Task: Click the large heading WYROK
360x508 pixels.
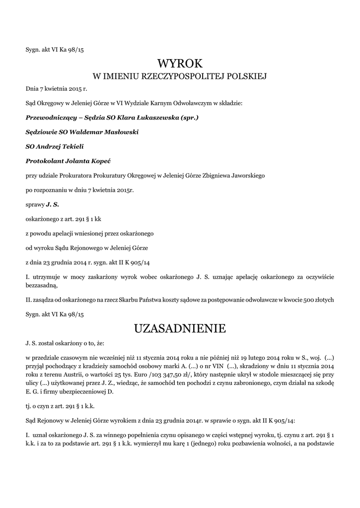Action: (180, 63)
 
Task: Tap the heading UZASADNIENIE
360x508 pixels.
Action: (180, 328)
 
